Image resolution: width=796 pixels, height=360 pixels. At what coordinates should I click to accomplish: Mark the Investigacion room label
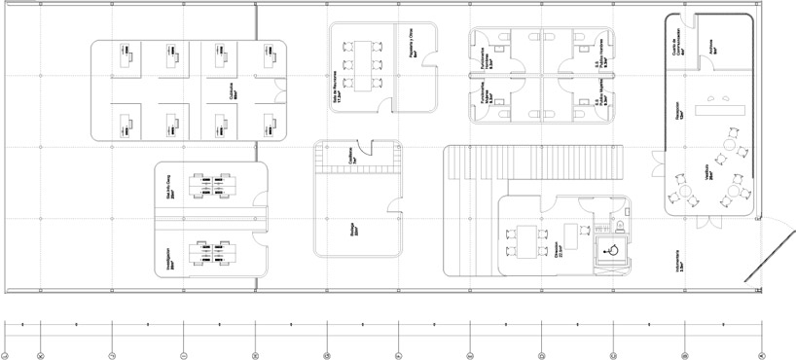pos(171,257)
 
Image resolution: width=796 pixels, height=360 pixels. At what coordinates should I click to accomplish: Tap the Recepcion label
pos(677,111)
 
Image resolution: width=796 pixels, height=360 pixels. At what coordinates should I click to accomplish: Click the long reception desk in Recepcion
pos(726,107)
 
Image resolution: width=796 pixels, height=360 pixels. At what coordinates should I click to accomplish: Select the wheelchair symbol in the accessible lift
pos(613,249)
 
